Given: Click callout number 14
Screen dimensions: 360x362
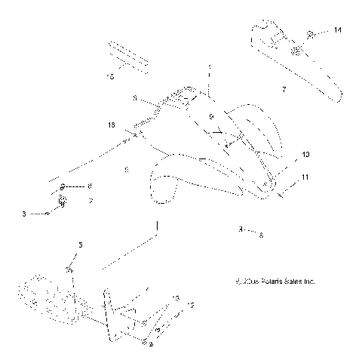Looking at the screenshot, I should point(336,30).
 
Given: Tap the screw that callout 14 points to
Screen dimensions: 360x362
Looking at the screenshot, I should point(311,34).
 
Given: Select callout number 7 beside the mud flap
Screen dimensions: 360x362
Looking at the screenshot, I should point(283,89).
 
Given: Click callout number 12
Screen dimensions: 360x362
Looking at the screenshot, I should point(190,306).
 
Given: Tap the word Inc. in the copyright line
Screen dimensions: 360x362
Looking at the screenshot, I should point(308,282).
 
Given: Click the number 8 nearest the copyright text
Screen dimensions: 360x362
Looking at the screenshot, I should point(261,235).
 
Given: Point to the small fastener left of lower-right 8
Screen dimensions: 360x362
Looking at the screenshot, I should point(241,229).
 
